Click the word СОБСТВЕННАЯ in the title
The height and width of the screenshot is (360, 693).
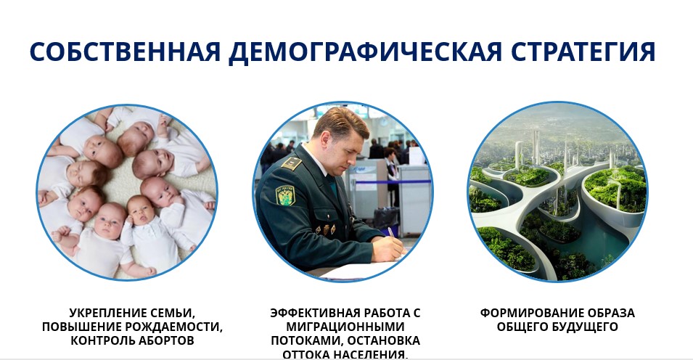[125, 52]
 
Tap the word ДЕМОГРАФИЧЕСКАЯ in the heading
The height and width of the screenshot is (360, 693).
[365, 52]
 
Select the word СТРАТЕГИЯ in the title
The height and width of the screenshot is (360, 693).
[583, 52]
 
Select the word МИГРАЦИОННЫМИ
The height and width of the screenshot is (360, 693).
[345, 327]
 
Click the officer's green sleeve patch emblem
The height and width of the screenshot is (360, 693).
[285, 195]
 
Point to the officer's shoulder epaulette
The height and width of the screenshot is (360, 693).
[292, 163]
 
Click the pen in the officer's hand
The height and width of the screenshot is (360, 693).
[391, 233]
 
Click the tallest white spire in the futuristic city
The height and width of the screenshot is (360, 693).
[536, 146]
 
